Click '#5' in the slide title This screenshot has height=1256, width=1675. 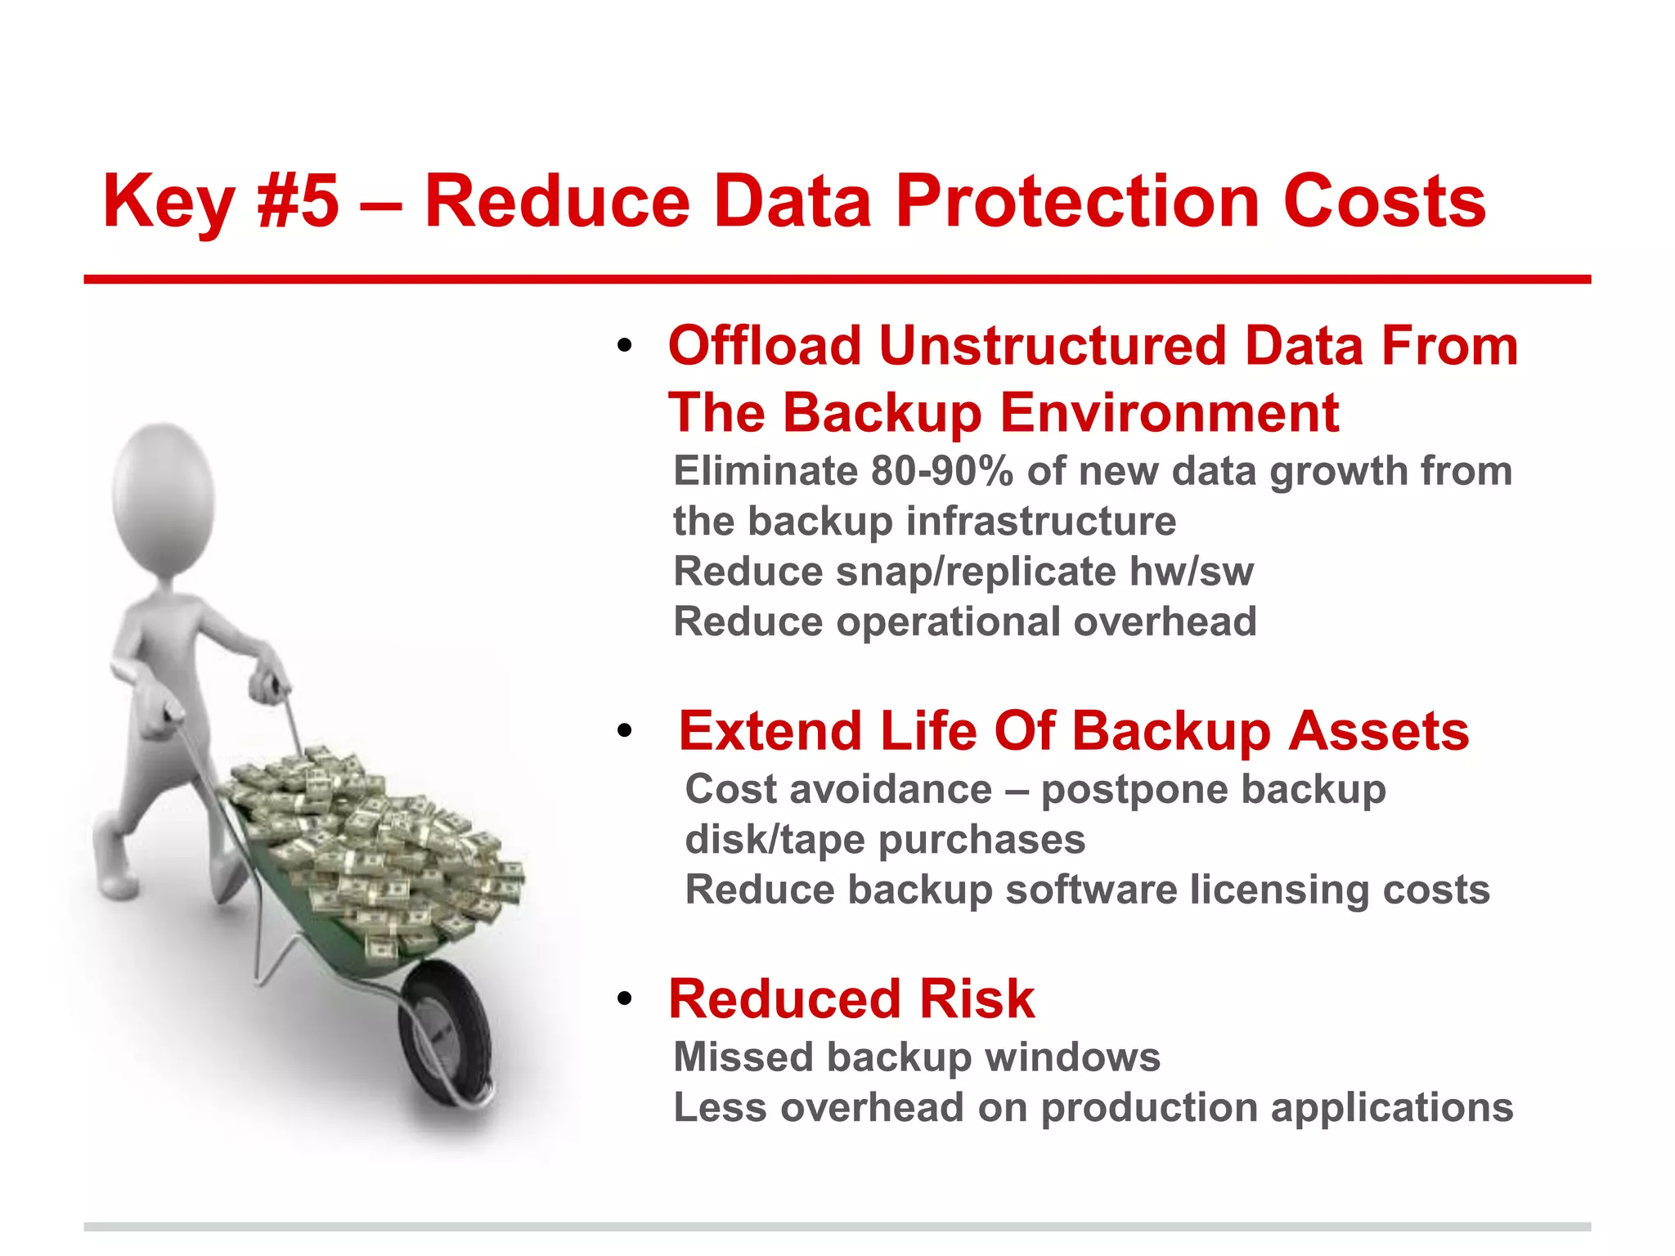pos(298,201)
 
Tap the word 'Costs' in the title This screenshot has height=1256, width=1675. pos(1384,201)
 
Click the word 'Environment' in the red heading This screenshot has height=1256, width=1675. pos(1170,412)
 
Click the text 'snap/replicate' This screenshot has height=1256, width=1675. pos(976,572)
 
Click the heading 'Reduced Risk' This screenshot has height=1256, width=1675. pos(851,999)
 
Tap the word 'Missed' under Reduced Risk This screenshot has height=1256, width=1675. pos(743,1056)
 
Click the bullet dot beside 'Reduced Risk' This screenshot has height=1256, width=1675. pos(625,999)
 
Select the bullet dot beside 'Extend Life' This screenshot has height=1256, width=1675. pos(625,730)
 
